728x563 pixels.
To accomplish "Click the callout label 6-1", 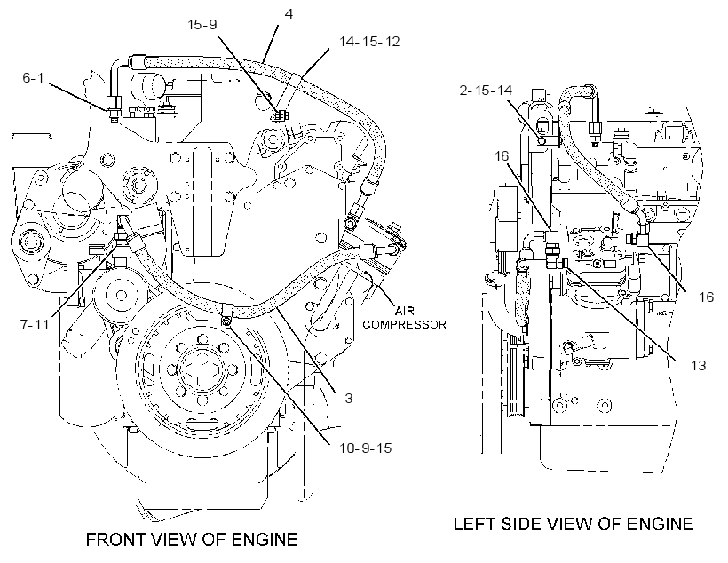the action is (33, 77).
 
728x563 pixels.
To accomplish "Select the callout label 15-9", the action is (202, 24).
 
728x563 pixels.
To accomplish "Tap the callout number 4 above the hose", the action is (289, 14).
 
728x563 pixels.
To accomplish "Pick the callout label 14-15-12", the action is (369, 42).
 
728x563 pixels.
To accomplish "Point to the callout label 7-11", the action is (35, 324).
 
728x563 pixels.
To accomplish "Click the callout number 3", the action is (348, 398).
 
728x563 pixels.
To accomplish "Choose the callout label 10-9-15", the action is (366, 448).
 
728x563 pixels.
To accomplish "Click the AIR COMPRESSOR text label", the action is (404, 317).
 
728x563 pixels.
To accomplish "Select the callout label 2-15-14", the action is (487, 90).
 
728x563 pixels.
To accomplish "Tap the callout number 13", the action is (699, 366).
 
